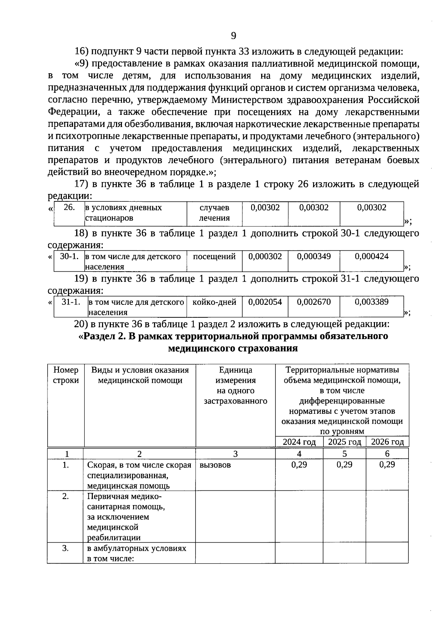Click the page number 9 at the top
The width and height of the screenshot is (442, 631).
click(x=233, y=36)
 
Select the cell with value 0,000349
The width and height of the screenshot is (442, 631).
click(x=314, y=256)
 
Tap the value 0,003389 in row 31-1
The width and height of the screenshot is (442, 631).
click(x=371, y=302)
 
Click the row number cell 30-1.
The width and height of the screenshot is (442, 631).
click(x=69, y=256)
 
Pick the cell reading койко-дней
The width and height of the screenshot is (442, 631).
click(x=214, y=302)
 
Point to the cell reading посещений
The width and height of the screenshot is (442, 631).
click(x=214, y=256)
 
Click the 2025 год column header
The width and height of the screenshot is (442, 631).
click(x=344, y=442)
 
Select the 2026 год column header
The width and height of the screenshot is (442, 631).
click(x=387, y=442)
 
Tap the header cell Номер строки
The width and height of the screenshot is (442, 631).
click(x=66, y=375)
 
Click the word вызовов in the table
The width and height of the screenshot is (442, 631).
click(x=215, y=465)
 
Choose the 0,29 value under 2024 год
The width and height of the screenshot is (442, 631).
click(x=299, y=465)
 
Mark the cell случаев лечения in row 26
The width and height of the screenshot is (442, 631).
click(x=214, y=213)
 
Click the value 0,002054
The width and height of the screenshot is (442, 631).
click(x=265, y=302)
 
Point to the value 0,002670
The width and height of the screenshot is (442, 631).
click(x=314, y=302)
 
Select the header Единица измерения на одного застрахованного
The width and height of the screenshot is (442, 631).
click(x=235, y=385)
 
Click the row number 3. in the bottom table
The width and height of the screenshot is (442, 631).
click(x=66, y=548)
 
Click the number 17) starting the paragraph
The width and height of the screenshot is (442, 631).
click(x=81, y=184)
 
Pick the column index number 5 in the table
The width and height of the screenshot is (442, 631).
click(x=344, y=454)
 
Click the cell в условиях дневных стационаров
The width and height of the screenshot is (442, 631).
click(x=123, y=213)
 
